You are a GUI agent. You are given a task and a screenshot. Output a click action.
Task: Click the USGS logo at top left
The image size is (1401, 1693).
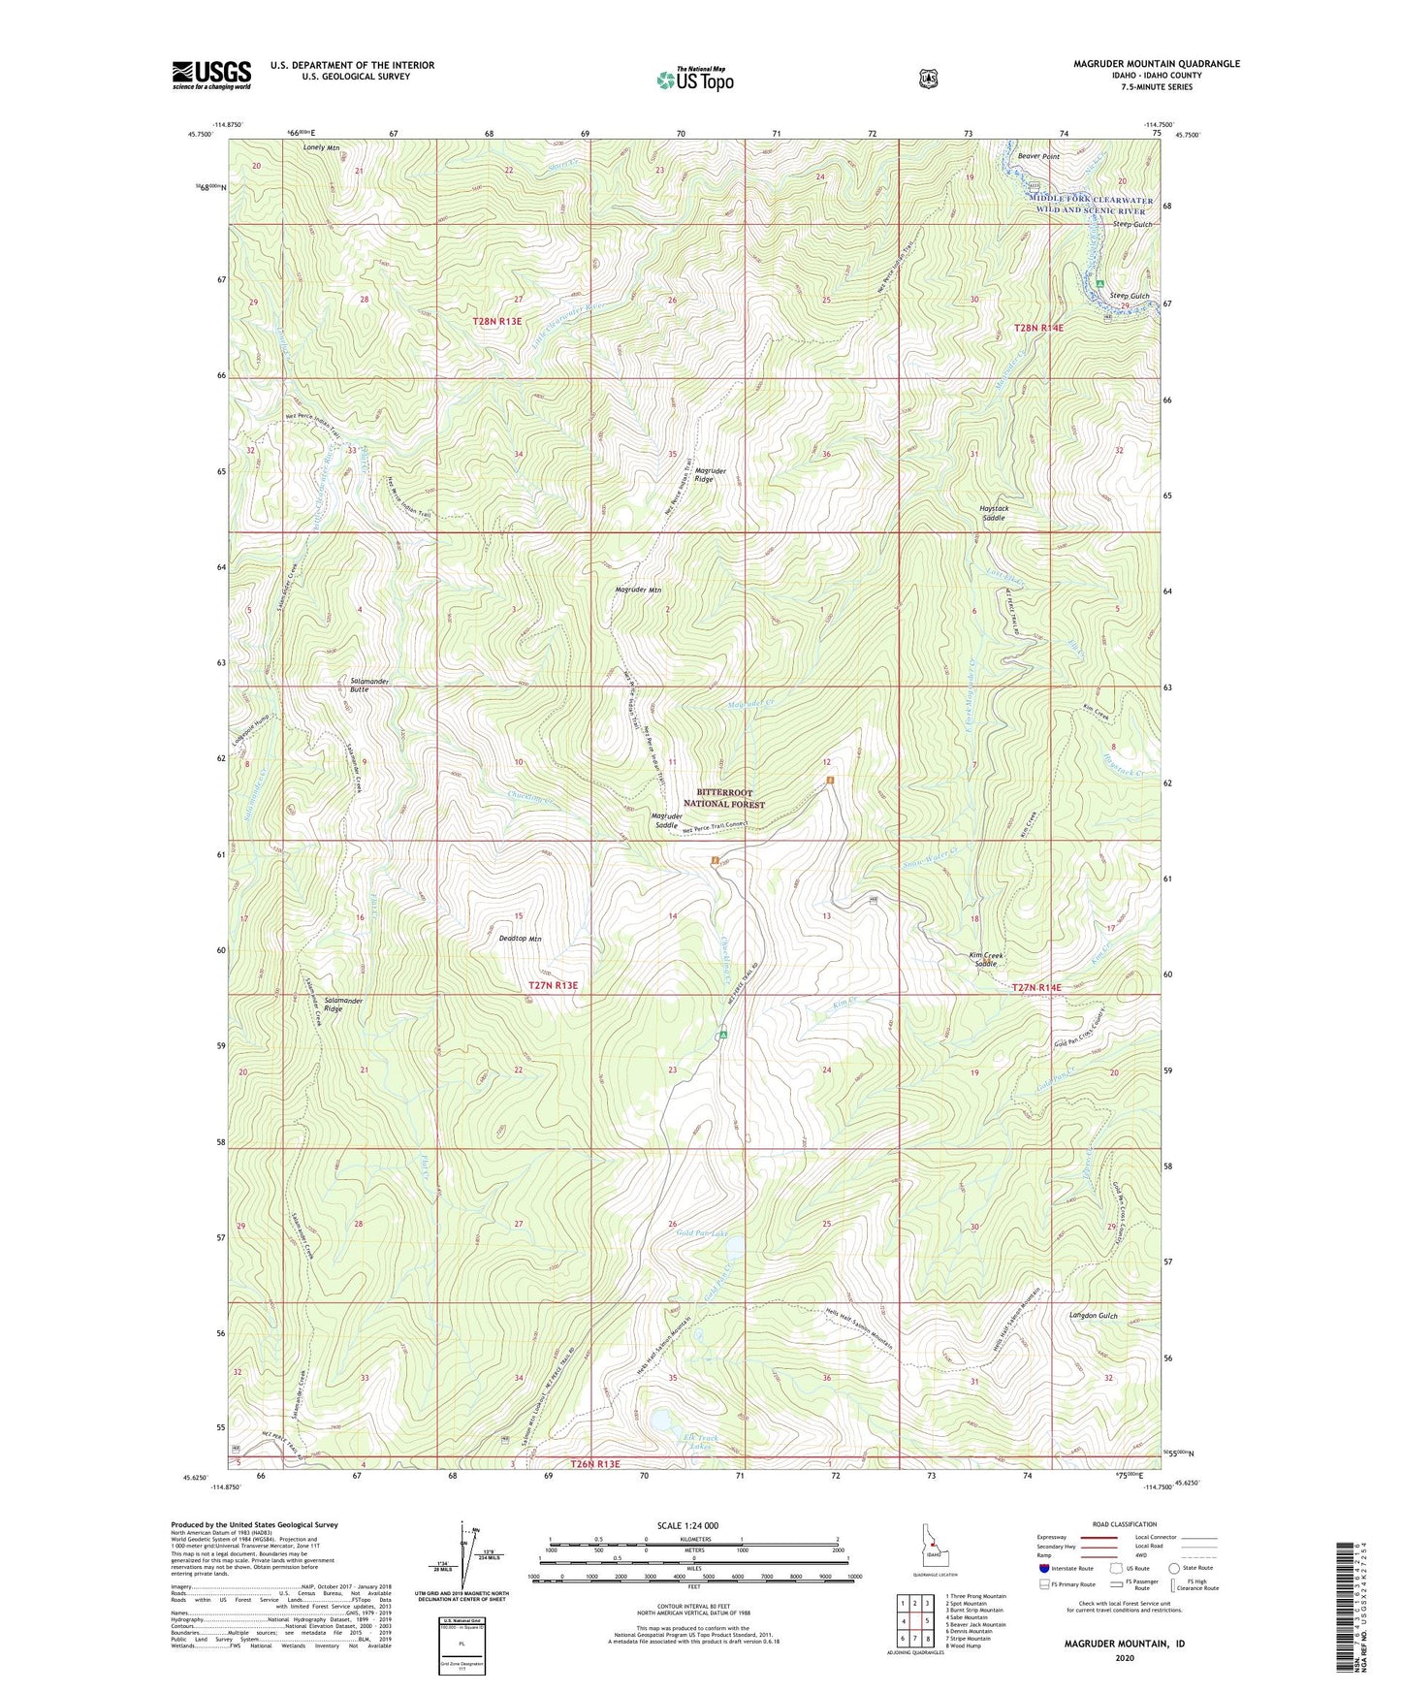click(211, 75)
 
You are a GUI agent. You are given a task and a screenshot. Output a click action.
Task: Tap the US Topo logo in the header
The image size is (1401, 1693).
click(694, 80)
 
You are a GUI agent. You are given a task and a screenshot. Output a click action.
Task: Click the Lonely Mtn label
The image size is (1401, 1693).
click(321, 148)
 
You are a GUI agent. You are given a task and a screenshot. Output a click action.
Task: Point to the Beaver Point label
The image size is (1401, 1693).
click(1038, 156)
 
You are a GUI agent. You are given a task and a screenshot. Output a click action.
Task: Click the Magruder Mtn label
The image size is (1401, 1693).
click(638, 590)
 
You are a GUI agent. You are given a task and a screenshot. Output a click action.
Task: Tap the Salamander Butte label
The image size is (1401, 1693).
click(368, 685)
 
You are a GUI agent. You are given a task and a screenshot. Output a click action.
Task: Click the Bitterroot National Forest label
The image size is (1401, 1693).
click(724, 798)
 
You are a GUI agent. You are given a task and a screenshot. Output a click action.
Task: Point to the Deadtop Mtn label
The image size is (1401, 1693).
click(520, 939)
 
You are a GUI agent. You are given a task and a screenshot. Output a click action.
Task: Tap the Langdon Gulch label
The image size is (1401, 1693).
click(1093, 1316)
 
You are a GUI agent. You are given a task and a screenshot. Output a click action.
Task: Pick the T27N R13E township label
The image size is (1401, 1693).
click(553, 985)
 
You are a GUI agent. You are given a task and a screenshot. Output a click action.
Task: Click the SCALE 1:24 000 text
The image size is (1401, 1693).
click(687, 1525)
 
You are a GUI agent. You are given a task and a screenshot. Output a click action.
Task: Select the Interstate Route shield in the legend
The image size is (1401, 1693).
click(1043, 1568)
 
